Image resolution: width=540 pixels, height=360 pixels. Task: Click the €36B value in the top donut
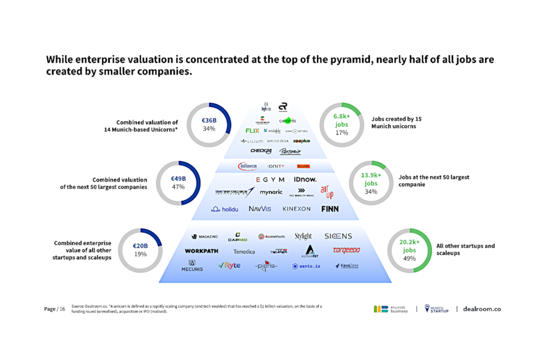(x=209, y=121)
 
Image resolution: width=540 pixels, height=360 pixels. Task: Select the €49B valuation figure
(x=178, y=179)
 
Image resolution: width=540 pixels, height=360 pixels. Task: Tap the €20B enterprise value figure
(x=140, y=246)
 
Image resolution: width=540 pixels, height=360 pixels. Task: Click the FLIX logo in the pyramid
(x=252, y=131)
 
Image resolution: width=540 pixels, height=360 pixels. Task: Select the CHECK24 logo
(x=261, y=151)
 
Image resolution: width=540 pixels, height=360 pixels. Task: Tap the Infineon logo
(x=248, y=166)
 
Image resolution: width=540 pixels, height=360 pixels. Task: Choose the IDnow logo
(x=305, y=179)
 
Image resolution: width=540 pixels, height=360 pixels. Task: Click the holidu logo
(x=225, y=209)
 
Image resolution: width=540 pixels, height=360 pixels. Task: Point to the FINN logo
(x=330, y=209)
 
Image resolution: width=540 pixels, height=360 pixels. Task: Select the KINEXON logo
(x=296, y=209)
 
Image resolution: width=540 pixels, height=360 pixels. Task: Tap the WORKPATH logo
(x=201, y=251)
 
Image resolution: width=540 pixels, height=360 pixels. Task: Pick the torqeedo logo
(x=346, y=250)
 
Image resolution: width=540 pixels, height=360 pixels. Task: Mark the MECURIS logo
(x=192, y=266)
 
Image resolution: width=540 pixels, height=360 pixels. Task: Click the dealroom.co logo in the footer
(x=482, y=309)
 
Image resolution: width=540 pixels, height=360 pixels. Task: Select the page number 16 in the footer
(x=62, y=309)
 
